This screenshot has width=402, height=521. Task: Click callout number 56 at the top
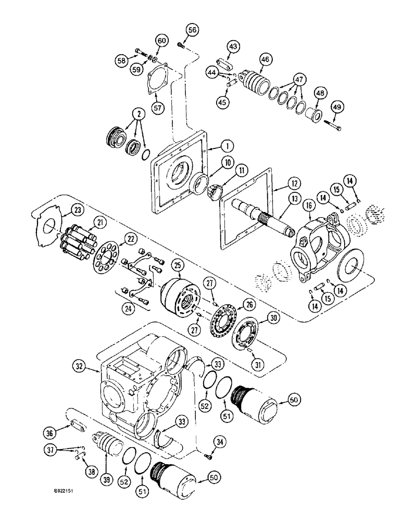point(179,31)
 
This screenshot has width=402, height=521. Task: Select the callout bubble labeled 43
point(233,47)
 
